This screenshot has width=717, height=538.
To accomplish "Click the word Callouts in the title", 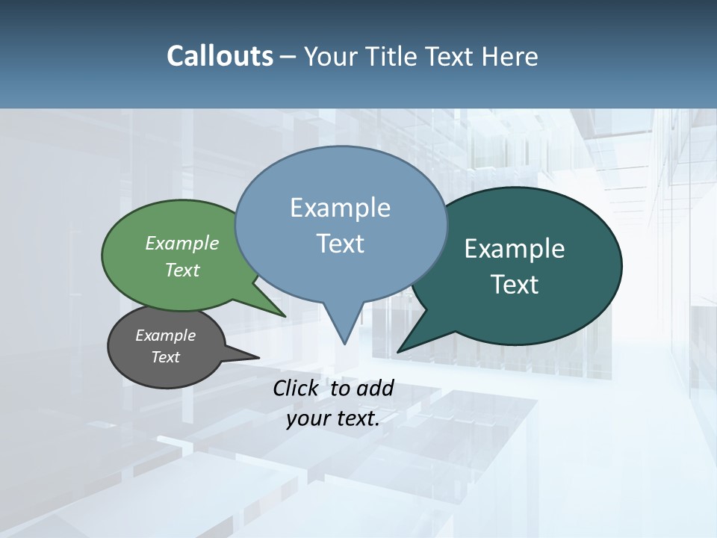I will pos(220,56).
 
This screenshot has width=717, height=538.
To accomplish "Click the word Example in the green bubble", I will pos(182,243).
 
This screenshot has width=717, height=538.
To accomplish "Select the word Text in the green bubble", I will pos(182,270).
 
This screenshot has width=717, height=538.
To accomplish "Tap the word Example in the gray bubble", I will pos(165,336).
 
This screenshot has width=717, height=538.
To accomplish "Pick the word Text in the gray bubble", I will pos(165,357).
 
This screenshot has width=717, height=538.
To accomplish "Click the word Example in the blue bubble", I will pos(340,208).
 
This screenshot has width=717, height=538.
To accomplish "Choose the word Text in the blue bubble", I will pos(340,244).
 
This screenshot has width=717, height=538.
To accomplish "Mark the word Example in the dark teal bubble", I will pos(515,249).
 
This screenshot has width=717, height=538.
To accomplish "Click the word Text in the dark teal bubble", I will pos(515,285).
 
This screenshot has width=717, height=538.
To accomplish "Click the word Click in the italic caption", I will pos(297,388).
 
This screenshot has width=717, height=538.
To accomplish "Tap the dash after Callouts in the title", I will pos(289,57).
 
